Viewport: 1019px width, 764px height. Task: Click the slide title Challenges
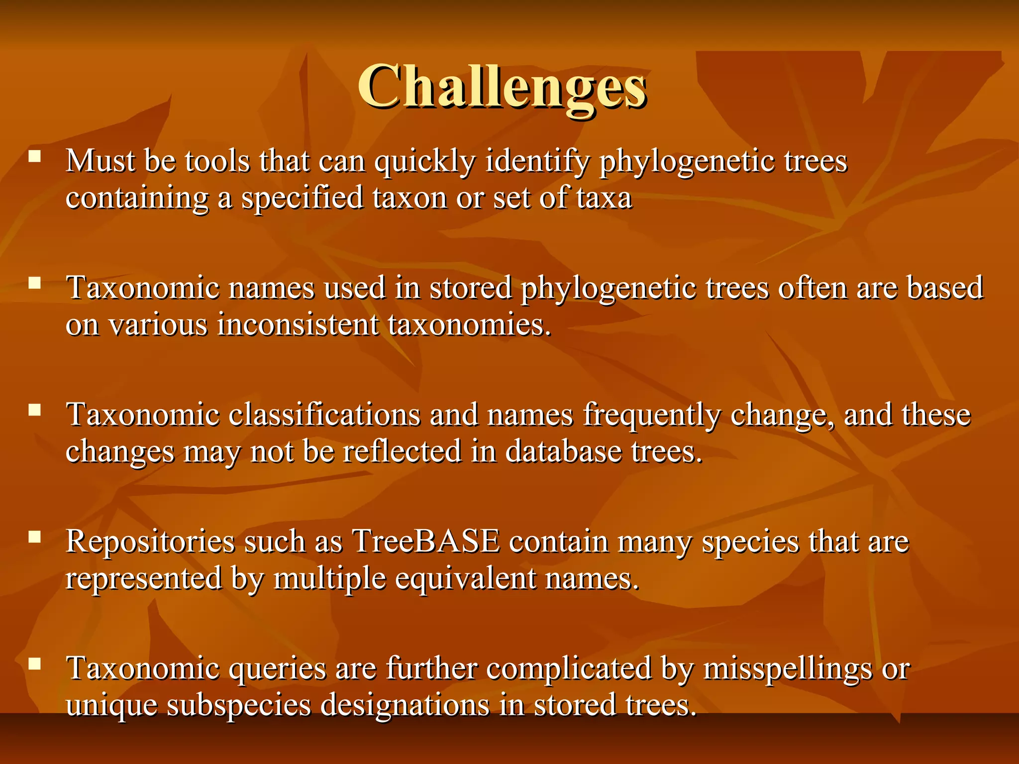(x=502, y=88)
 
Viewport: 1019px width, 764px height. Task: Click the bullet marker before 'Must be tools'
(x=35, y=157)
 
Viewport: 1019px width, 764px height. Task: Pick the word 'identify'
(x=537, y=162)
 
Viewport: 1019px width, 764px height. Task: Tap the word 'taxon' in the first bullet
(x=409, y=198)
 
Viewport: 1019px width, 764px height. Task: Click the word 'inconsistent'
(x=298, y=325)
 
